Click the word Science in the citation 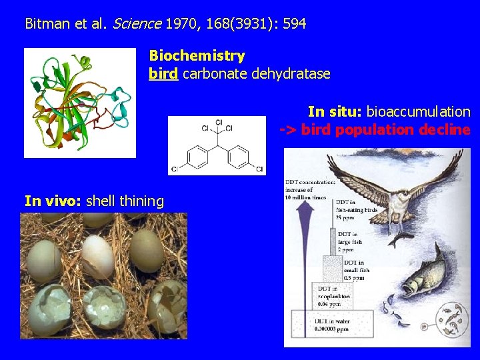pyautogui.click(x=137, y=25)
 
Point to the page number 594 pyautogui.click(x=294, y=25)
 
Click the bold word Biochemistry pyautogui.click(x=197, y=56)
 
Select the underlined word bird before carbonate pyautogui.click(x=163, y=73)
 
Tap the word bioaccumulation pyautogui.click(x=418, y=111)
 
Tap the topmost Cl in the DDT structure pyautogui.click(x=219, y=123)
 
